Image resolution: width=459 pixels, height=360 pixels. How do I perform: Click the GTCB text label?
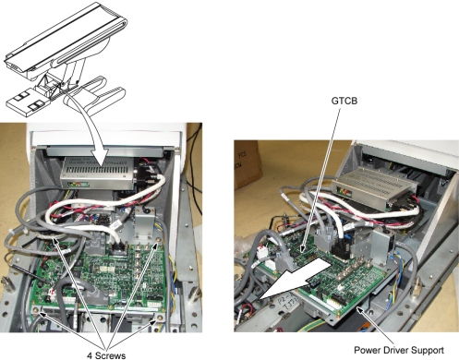(x=344, y=101)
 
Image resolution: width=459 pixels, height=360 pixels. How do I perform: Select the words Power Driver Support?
(x=399, y=350)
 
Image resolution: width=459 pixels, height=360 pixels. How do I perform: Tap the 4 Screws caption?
(x=106, y=355)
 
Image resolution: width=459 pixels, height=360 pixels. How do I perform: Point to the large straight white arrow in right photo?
(x=295, y=278)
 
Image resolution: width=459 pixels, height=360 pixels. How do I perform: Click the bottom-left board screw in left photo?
(x=36, y=309)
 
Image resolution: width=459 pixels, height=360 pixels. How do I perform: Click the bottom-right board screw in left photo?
(x=160, y=318)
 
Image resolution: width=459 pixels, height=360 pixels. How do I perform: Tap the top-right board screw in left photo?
(x=158, y=240)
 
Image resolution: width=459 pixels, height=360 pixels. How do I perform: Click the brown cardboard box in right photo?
(x=248, y=163)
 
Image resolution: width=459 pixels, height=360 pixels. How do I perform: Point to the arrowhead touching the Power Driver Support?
(x=361, y=310)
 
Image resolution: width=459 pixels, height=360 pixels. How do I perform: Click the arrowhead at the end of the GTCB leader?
(x=303, y=248)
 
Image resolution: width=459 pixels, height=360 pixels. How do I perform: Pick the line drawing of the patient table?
(x=66, y=58)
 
